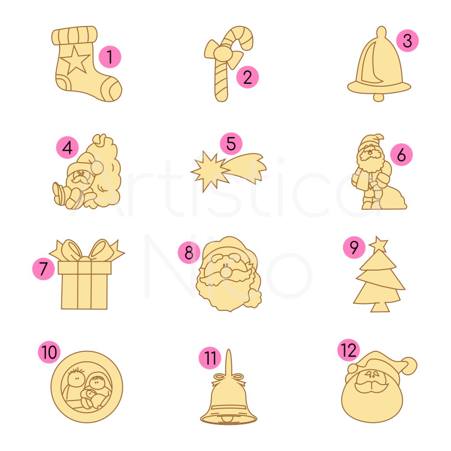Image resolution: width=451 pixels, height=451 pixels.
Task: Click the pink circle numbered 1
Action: coord(110,57)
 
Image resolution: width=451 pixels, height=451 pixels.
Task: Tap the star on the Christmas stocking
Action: coord(75,60)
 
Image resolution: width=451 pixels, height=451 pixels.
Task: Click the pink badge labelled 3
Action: coord(407,41)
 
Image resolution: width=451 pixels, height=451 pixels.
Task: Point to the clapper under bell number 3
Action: coord(378,97)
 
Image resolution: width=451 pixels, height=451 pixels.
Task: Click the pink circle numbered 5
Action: coord(231,143)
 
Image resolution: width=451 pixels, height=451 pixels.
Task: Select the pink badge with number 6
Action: coord(401,154)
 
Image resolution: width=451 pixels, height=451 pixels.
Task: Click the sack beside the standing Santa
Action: coord(392,198)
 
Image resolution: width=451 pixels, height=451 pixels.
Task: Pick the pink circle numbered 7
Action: coord(43,269)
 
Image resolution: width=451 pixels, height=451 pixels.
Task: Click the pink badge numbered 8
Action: coord(189,253)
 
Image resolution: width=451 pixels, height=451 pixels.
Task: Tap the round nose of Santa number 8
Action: coord(226,271)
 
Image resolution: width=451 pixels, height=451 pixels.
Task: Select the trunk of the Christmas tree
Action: coord(380,308)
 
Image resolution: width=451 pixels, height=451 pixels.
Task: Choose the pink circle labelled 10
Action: coord(49,352)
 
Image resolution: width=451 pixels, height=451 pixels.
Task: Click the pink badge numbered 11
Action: coord(210,358)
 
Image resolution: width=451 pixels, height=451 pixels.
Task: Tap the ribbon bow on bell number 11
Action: coord(229,379)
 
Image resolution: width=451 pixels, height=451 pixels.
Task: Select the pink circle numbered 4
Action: coord(67,147)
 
